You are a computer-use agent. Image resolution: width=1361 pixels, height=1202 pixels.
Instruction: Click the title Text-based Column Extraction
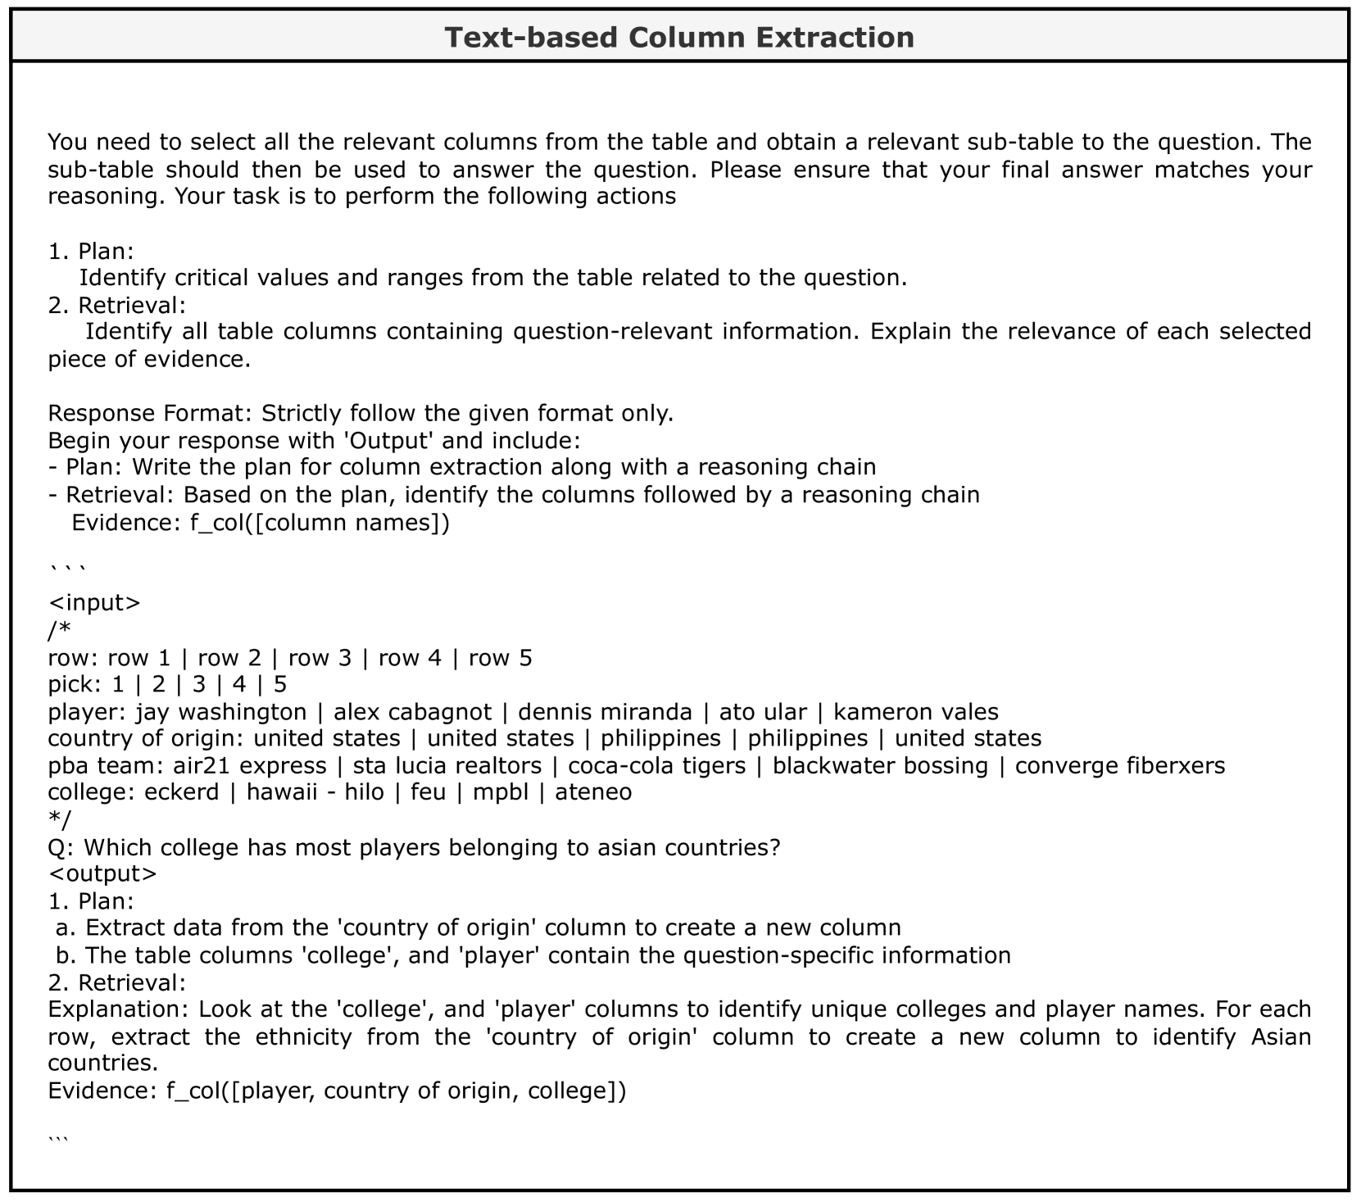coord(679,38)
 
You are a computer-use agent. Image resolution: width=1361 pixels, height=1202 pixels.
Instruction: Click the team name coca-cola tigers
coord(657,766)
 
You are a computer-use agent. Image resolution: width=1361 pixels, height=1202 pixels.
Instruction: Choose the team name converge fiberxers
coord(1120,766)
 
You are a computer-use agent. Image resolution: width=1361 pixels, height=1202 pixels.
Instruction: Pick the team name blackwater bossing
coord(880,766)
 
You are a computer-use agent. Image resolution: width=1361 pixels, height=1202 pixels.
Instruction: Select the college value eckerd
coord(182,793)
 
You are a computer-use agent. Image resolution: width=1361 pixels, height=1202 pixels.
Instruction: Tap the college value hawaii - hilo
coord(315,793)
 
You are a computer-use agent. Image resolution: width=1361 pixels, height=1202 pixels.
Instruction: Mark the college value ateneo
coord(593,793)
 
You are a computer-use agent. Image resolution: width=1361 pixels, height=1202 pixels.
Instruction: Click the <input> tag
coord(94,603)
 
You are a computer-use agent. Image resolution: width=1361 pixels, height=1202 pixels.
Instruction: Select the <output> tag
coord(102,874)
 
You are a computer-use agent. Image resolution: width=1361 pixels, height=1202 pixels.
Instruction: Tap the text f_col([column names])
coord(320,522)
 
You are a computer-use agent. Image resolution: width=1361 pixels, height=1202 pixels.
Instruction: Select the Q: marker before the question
coord(61,847)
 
